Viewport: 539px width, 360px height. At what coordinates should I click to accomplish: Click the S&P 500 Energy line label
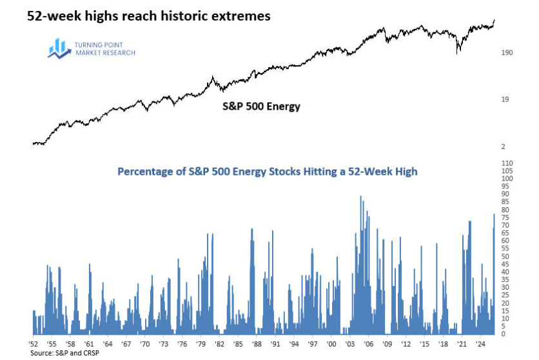(x=257, y=106)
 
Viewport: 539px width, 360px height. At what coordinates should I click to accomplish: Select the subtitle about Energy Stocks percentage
(x=267, y=172)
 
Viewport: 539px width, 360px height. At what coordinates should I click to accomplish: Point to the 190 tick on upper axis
(x=507, y=52)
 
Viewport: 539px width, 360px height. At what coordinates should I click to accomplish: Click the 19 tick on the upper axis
(x=505, y=99)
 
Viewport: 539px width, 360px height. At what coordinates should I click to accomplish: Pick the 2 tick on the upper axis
(x=504, y=147)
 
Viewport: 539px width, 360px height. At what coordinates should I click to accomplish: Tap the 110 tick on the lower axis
(x=507, y=163)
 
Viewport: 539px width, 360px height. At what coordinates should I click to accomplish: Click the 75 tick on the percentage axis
(x=505, y=217)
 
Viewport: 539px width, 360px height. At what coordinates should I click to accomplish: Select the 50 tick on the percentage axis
(x=505, y=256)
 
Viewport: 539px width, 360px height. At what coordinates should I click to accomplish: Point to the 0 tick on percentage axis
(x=504, y=334)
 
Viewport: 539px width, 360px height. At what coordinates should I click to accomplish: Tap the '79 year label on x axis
(x=201, y=345)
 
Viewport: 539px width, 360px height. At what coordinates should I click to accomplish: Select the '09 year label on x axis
(x=387, y=345)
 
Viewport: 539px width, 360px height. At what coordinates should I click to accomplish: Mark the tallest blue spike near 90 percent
(x=360, y=197)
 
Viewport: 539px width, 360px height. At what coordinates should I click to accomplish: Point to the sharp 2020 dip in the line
(x=458, y=52)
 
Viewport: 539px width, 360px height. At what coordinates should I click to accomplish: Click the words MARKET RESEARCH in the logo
(x=106, y=53)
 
